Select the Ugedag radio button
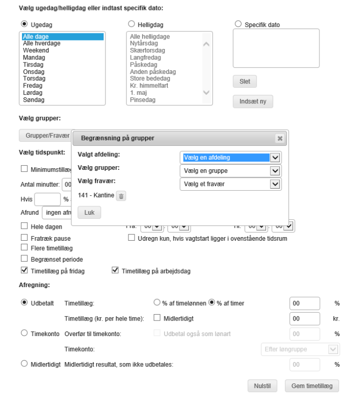tap(24, 24)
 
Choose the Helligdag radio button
tap(131, 24)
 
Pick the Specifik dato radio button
tap(238, 24)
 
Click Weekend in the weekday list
tap(36, 50)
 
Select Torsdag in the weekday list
tap(34, 78)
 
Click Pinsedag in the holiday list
tap(142, 100)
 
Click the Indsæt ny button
tap(252, 101)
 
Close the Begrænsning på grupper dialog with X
tap(280, 138)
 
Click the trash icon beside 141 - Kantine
tap(120, 196)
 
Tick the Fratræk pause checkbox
tap(24, 238)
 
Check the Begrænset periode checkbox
tap(24, 259)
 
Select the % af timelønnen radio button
tap(157, 303)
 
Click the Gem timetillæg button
tap(311, 386)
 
